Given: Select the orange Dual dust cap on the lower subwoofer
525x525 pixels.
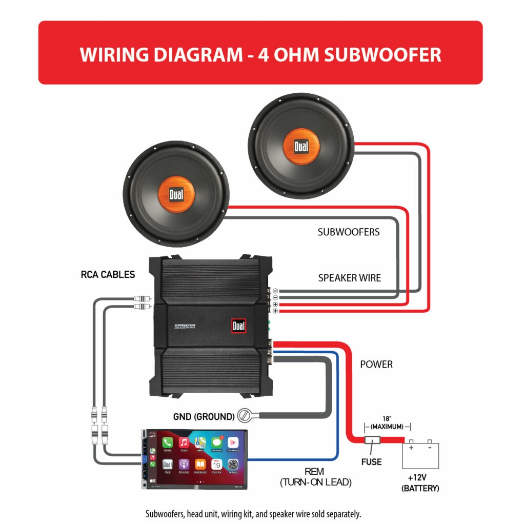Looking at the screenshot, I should (x=175, y=194).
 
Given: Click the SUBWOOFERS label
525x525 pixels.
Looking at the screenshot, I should (x=349, y=232).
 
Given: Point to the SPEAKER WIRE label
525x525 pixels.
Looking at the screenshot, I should (x=350, y=278).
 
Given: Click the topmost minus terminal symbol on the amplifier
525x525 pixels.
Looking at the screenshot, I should (x=275, y=291).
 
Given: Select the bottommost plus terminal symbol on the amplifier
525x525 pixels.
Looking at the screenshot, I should (x=275, y=311).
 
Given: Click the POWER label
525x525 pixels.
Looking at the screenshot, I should (x=376, y=365).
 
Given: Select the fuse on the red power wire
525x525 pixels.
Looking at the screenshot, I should (x=371, y=440).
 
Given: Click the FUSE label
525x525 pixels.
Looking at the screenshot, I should (x=371, y=462).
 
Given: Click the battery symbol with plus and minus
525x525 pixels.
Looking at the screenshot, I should (x=420, y=454).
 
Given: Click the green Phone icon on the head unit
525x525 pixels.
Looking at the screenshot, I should (x=168, y=442).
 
